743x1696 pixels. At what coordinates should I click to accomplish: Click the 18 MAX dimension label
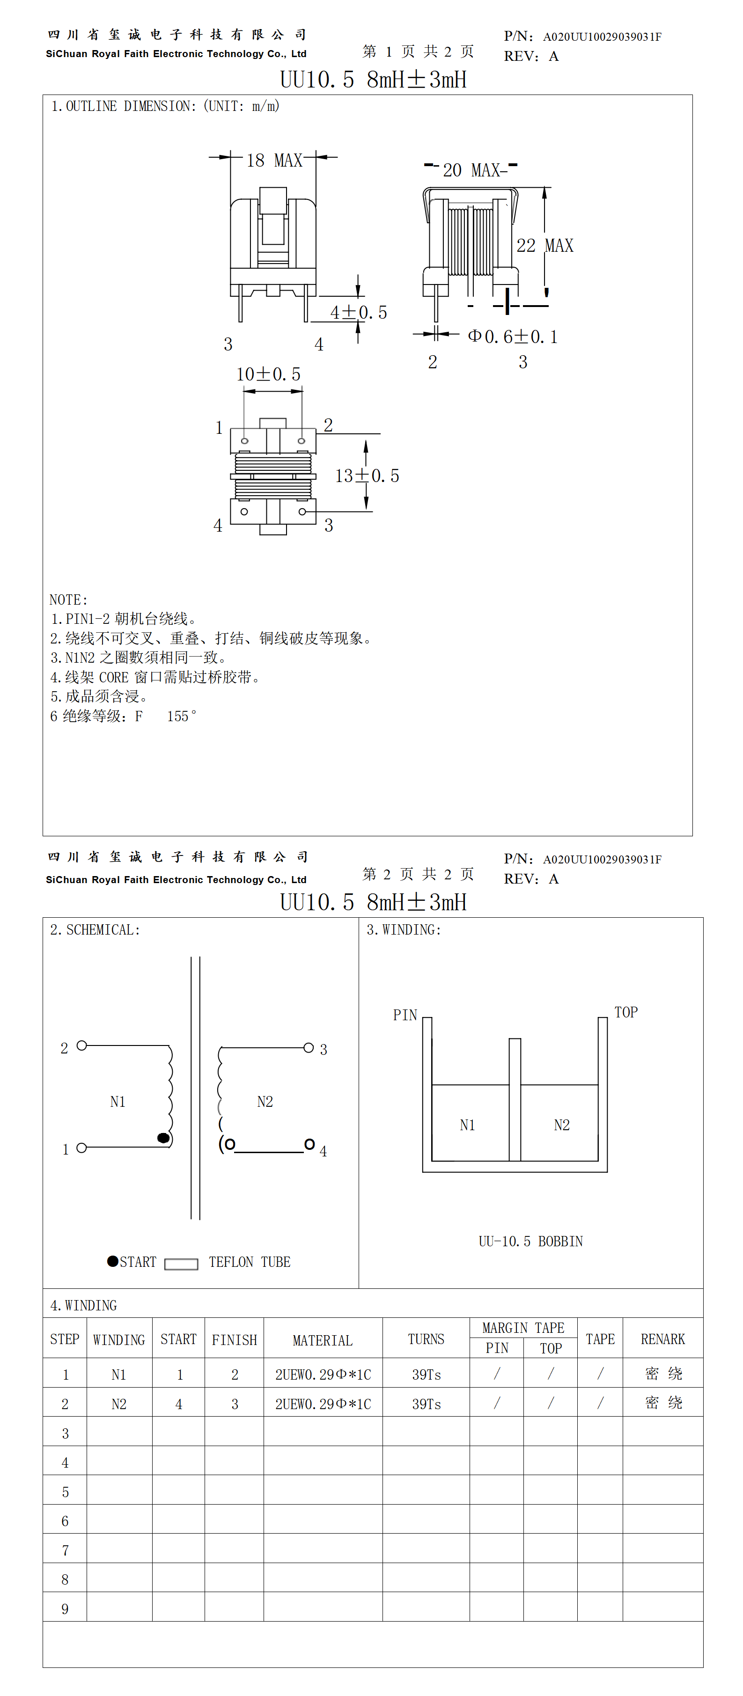point(274,160)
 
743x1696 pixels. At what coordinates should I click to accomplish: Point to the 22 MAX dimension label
point(545,246)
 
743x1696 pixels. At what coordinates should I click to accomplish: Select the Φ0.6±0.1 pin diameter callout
point(513,337)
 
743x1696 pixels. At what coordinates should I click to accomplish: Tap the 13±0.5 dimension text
point(367,476)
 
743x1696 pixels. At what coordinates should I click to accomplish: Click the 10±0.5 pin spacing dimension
point(268,374)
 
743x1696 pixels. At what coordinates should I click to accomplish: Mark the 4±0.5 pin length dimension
point(358,313)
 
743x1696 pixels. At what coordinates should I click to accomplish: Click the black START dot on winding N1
point(163,1138)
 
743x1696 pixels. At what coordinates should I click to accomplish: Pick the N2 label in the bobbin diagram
point(561,1125)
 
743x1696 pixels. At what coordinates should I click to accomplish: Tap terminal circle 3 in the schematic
point(308,1047)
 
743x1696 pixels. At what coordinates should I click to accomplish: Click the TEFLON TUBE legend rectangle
point(181,1264)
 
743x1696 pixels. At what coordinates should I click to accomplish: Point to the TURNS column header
point(426,1339)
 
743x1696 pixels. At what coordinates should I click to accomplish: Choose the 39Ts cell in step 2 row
point(426,1404)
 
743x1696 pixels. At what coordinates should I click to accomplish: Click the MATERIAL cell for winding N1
point(323,1374)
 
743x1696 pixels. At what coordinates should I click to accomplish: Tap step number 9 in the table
point(65,1608)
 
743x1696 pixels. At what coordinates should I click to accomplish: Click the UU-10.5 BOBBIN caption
point(530,1241)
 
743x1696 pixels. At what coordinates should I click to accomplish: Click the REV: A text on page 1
point(531,57)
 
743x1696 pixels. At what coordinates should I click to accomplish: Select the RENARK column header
point(662,1339)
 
